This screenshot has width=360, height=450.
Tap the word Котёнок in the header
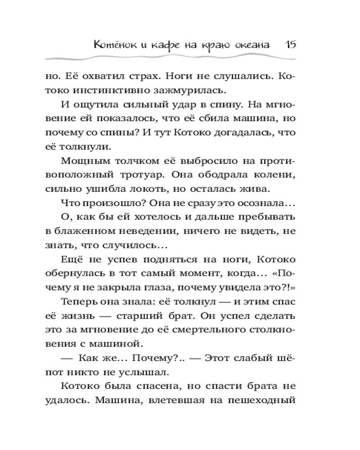point(112,45)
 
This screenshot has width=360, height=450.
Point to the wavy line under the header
point(180,58)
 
